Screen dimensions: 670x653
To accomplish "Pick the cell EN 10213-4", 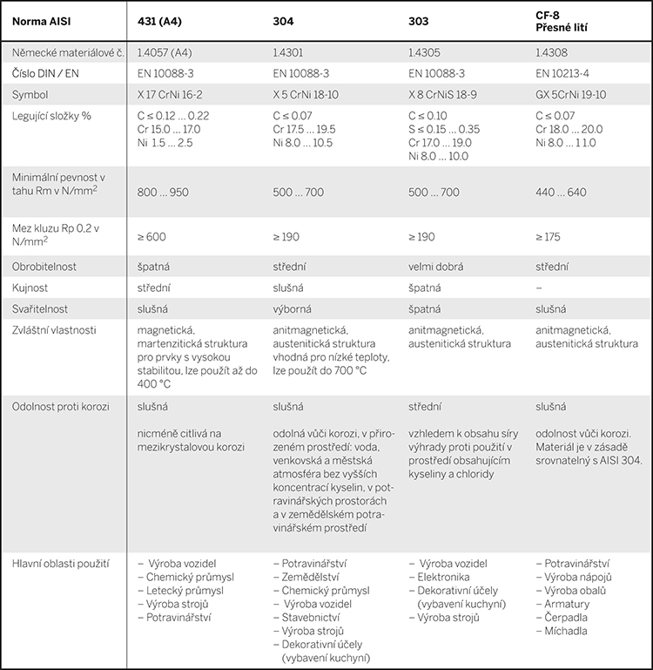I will [569, 73].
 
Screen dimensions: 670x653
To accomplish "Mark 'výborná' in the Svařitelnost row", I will [294, 308].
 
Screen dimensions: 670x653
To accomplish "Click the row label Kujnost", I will [30, 286].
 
